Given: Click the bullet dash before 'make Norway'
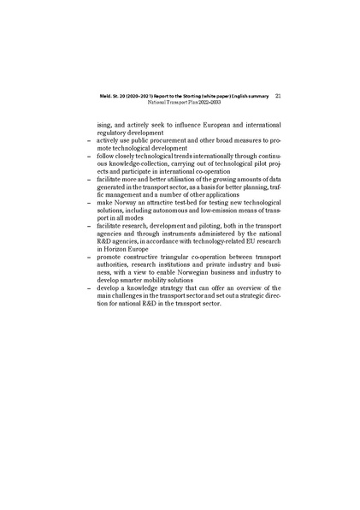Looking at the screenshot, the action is pyautogui.click(x=89, y=202).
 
